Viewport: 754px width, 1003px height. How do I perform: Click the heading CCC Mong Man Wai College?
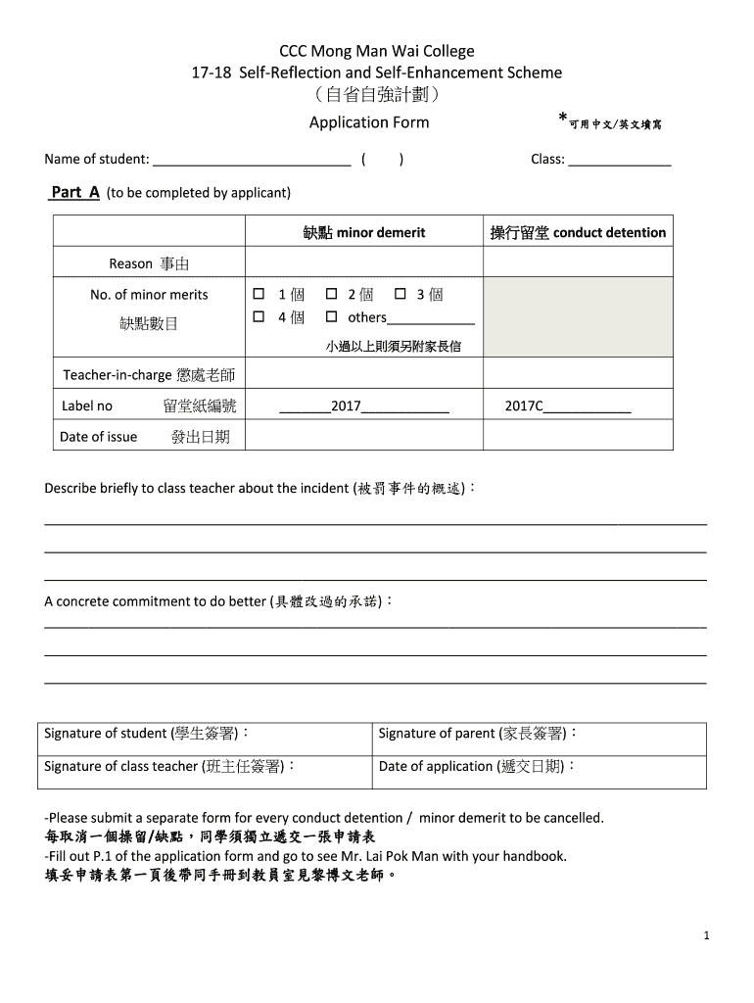[377, 51]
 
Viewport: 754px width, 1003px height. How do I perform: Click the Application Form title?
[369, 122]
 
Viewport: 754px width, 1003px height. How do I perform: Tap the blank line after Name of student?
[252, 160]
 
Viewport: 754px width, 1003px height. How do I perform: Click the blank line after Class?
[620, 160]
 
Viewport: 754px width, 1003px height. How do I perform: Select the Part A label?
[74, 192]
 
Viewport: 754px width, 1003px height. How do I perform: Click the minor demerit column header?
[364, 233]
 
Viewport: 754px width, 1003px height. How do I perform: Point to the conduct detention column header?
[578, 233]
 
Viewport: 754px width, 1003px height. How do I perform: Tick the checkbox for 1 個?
[259, 294]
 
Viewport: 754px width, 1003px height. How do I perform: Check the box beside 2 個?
[331, 294]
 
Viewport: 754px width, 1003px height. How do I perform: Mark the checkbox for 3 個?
[400, 294]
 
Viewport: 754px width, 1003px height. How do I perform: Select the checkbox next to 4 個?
[259, 317]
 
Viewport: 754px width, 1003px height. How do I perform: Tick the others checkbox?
[331, 317]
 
